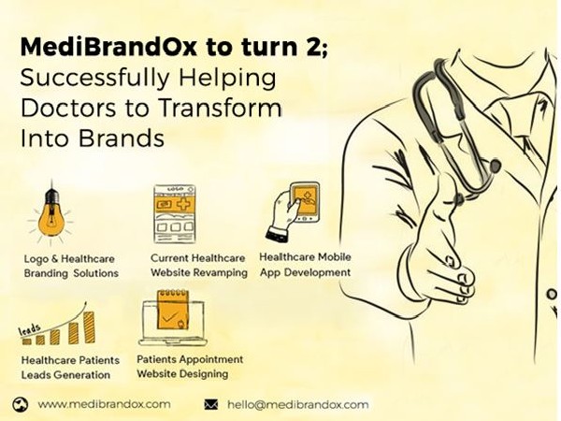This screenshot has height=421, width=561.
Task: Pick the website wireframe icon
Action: click(180, 212)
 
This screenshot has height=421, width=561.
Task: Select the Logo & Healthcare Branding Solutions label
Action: click(71, 266)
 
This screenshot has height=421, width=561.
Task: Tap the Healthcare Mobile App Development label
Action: click(305, 264)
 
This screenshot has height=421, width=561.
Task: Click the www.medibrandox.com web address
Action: click(105, 404)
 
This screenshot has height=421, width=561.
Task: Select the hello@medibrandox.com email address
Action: click(297, 405)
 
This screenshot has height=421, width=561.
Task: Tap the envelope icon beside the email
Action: click(210, 405)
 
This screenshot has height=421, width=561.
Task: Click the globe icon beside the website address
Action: click(22, 404)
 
